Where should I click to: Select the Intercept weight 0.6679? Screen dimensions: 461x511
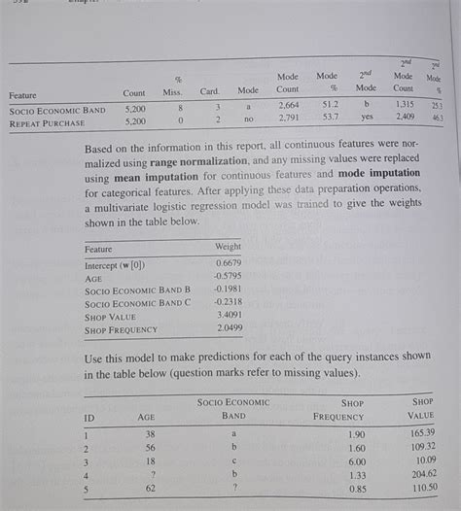[228, 263]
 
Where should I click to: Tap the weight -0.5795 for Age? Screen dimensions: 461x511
[227, 276]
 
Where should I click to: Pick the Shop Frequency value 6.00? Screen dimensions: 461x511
[357, 461]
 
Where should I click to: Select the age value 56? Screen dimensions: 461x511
[151, 448]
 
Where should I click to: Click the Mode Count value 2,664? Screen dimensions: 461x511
[288, 105]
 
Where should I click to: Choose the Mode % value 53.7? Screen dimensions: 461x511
[329, 117]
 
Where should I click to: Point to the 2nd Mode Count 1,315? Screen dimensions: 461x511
[404, 104]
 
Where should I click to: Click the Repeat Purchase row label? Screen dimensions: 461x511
[49, 123]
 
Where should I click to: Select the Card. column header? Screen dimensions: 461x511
[209, 91]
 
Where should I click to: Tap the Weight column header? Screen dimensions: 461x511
[228, 247]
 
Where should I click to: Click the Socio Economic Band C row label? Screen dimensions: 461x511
[137, 302]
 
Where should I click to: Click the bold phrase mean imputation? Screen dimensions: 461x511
[148, 179]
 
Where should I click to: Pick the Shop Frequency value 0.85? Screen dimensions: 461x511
[357, 491]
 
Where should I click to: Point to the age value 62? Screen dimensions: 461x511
[151, 491]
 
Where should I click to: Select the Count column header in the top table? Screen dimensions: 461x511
[134, 92]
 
